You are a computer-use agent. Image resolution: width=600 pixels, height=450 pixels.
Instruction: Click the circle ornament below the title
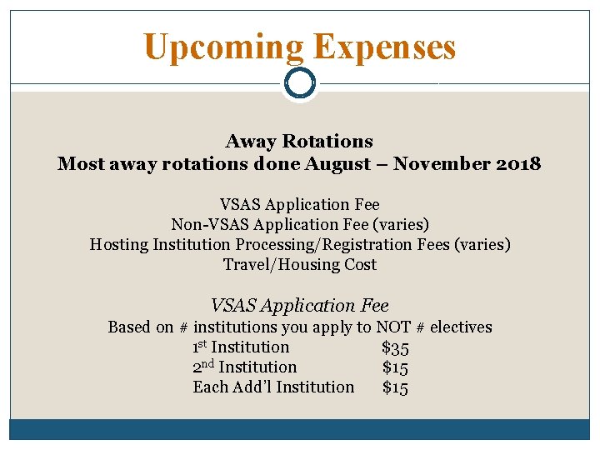pos(300,82)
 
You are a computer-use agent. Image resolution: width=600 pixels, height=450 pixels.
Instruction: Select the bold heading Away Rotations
pos(299,142)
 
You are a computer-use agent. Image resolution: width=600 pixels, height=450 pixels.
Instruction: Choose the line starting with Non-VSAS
pos(299,224)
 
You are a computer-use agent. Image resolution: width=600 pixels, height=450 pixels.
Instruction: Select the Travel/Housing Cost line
pos(299,264)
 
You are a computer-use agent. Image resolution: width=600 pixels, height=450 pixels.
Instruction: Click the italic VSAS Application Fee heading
pos(299,306)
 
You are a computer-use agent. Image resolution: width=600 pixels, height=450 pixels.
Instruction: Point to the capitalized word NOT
pos(393,327)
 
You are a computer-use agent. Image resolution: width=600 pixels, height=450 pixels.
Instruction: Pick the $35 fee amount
pos(395,347)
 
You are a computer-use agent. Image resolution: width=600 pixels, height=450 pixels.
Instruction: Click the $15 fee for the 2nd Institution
pos(395,367)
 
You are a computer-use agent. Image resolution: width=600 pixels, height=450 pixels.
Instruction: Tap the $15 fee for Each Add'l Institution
pos(395,387)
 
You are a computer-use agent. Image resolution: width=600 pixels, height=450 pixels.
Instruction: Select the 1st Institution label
pos(241,347)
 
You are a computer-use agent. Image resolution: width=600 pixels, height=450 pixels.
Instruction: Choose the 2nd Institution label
pos(244,367)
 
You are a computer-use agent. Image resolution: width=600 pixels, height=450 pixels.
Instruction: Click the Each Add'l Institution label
pos(273,387)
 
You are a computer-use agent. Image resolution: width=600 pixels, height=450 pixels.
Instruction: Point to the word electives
pos(461,327)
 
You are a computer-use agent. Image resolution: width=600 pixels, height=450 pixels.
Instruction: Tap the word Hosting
pos(118,244)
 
